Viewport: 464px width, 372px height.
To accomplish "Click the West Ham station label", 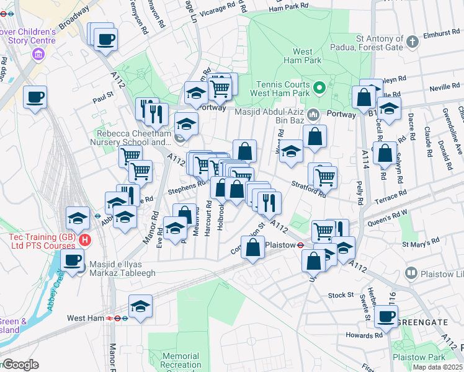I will [x=85, y=318].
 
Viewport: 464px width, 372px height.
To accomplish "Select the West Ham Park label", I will [x=302, y=56].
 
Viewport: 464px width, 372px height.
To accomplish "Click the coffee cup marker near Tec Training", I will [x=73, y=260].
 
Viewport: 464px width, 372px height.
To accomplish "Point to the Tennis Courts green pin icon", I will [x=319, y=87].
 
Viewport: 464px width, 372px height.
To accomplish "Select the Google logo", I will [x=20, y=365].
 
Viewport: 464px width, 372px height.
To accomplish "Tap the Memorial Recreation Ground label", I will [x=180, y=361].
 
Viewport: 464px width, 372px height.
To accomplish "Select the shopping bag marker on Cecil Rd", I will [x=385, y=153].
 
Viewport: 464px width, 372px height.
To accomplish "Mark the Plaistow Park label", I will [x=419, y=358].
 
